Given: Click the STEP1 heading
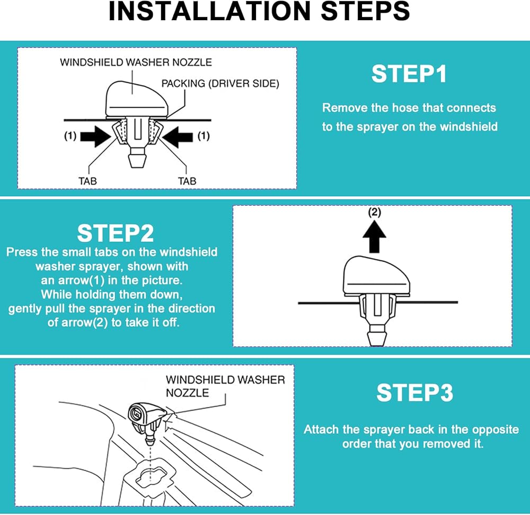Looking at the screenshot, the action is [409, 74].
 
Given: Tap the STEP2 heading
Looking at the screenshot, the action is [115, 233].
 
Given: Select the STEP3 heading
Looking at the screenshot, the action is [414, 392].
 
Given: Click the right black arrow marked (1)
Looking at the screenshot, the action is [178, 137].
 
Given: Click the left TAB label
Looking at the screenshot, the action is [87, 181].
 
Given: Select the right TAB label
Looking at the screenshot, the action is [187, 181].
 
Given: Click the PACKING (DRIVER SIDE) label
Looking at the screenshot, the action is [220, 83].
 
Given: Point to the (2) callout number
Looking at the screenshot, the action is [374, 212].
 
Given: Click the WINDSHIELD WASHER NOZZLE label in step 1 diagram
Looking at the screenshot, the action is [136, 62].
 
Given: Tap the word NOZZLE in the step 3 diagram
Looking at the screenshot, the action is [187, 392].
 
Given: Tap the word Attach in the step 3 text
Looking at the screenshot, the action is [321, 430].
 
